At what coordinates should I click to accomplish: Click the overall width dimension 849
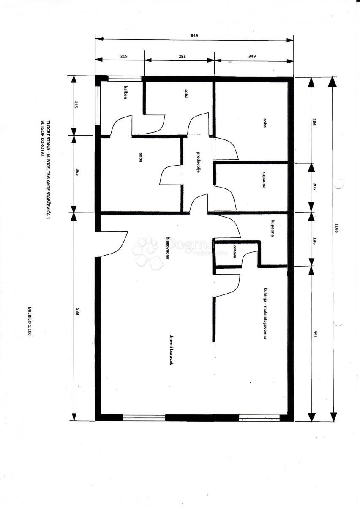tap(194, 36)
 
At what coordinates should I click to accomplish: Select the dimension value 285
tap(182, 56)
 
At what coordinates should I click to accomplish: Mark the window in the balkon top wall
tap(124, 78)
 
